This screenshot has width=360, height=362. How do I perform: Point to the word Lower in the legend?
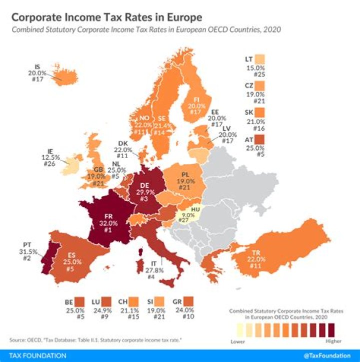[x=237, y=342]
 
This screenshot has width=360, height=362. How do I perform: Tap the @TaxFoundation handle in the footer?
[x=328, y=355]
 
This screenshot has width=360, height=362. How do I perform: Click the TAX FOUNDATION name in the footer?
[x=35, y=355]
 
